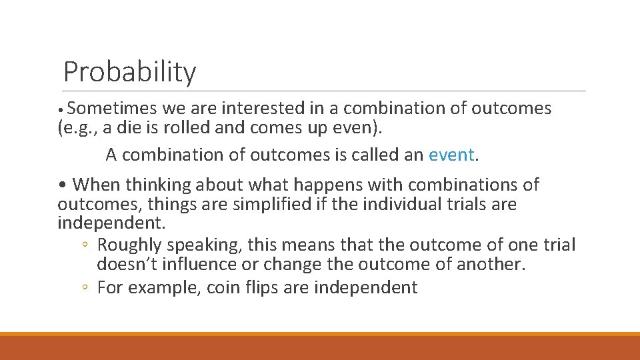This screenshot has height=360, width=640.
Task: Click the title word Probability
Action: point(129,72)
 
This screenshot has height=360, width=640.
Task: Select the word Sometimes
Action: point(111,108)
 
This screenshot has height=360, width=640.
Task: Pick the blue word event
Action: point(451,155)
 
